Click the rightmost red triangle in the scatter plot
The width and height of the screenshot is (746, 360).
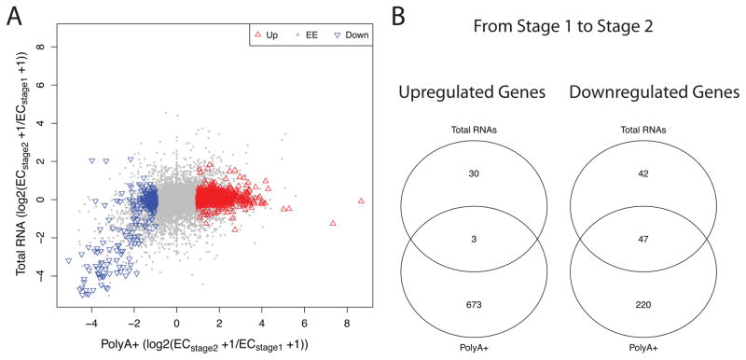(x=361, y=201)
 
